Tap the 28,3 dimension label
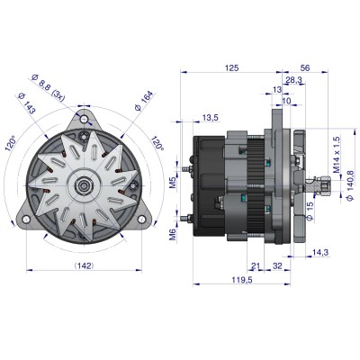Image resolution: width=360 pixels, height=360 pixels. point(293,80)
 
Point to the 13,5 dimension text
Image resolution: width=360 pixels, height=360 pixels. point(210,118)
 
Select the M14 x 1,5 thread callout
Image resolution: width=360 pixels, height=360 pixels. point(337,156)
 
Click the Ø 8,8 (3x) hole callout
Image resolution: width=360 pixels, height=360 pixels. point(54,89)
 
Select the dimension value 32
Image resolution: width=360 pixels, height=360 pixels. point(277,267)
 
